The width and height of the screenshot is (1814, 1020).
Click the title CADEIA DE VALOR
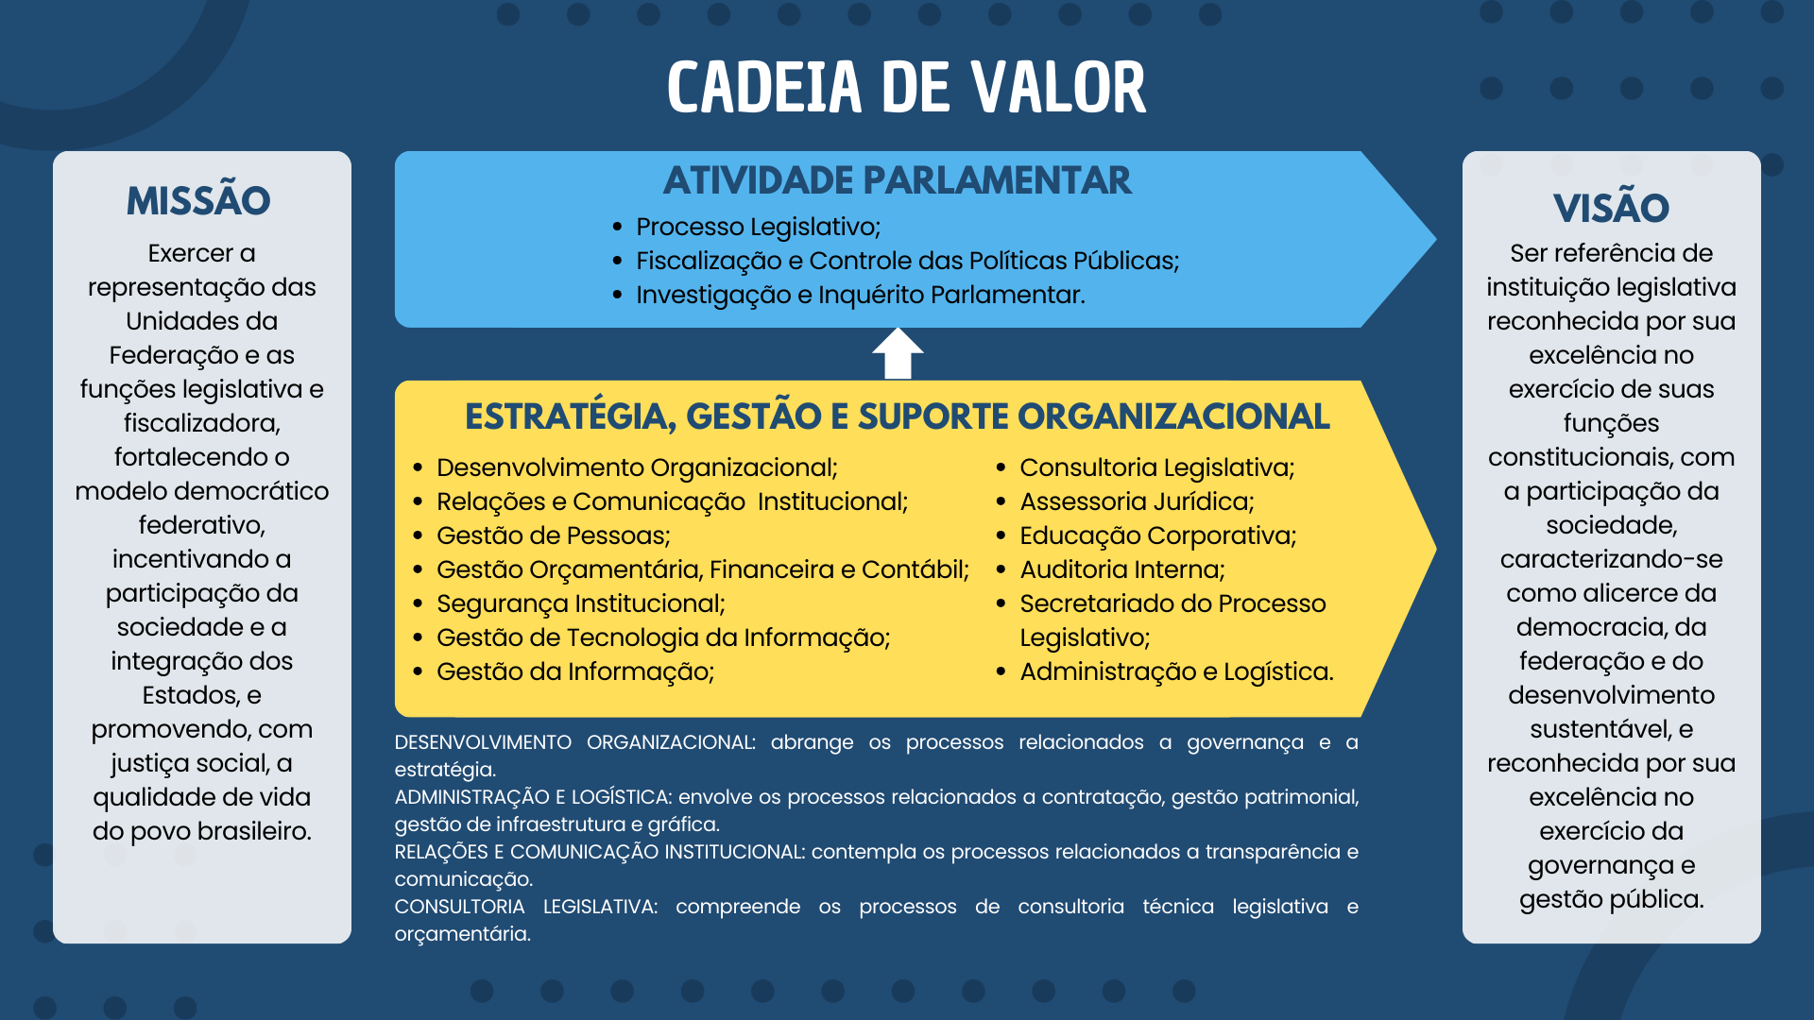pyautogui.click(x=906, y=88)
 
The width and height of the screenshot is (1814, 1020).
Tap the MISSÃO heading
pyautogui.click(x=198, y=201)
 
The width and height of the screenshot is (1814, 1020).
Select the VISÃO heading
pyautogui.click(x=1611, y=208)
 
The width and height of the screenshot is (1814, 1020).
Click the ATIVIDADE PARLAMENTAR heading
pyautogui.click(x=897, y=180)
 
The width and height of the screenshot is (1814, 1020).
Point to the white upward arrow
pyautogui.click(x=898, y=353)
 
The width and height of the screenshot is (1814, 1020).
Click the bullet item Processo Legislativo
pyautogui.click(x=758, y=227)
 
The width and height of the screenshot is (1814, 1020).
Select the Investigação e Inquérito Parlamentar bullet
pyautogui.click(x=860, y=295)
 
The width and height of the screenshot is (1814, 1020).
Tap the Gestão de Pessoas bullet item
pyautogui.click(x=553, y=535)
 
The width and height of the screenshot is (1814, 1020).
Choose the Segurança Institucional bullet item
pyautogui.click(x=580, y=603)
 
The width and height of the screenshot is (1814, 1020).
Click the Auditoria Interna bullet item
pyautogui.click(x=1121, y=569)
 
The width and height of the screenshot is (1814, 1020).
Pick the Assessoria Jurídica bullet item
pyautogui.click(x=1137, y=501)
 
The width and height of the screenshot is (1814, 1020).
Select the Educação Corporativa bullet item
pyautogui.click(x=1157, y=535)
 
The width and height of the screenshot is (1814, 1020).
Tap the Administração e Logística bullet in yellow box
pyautogui.click(x=1176, y=671)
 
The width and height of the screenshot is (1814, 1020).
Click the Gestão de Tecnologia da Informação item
pyautogui.click(x=662, y=637)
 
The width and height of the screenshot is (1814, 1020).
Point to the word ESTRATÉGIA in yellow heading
pyautogui.click(x=570, y=416)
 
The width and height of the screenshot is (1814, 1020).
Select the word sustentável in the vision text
pyautogui.click(x=1600, y=729)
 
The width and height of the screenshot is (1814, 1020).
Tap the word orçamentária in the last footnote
pyautogui.click(x=462, y=934)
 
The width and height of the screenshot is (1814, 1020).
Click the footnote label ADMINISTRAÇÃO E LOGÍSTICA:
pyautogui.click(x=533, y=797)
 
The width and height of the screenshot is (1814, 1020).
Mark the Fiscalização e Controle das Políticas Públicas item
pyautogui.click(x=907, y=261)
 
